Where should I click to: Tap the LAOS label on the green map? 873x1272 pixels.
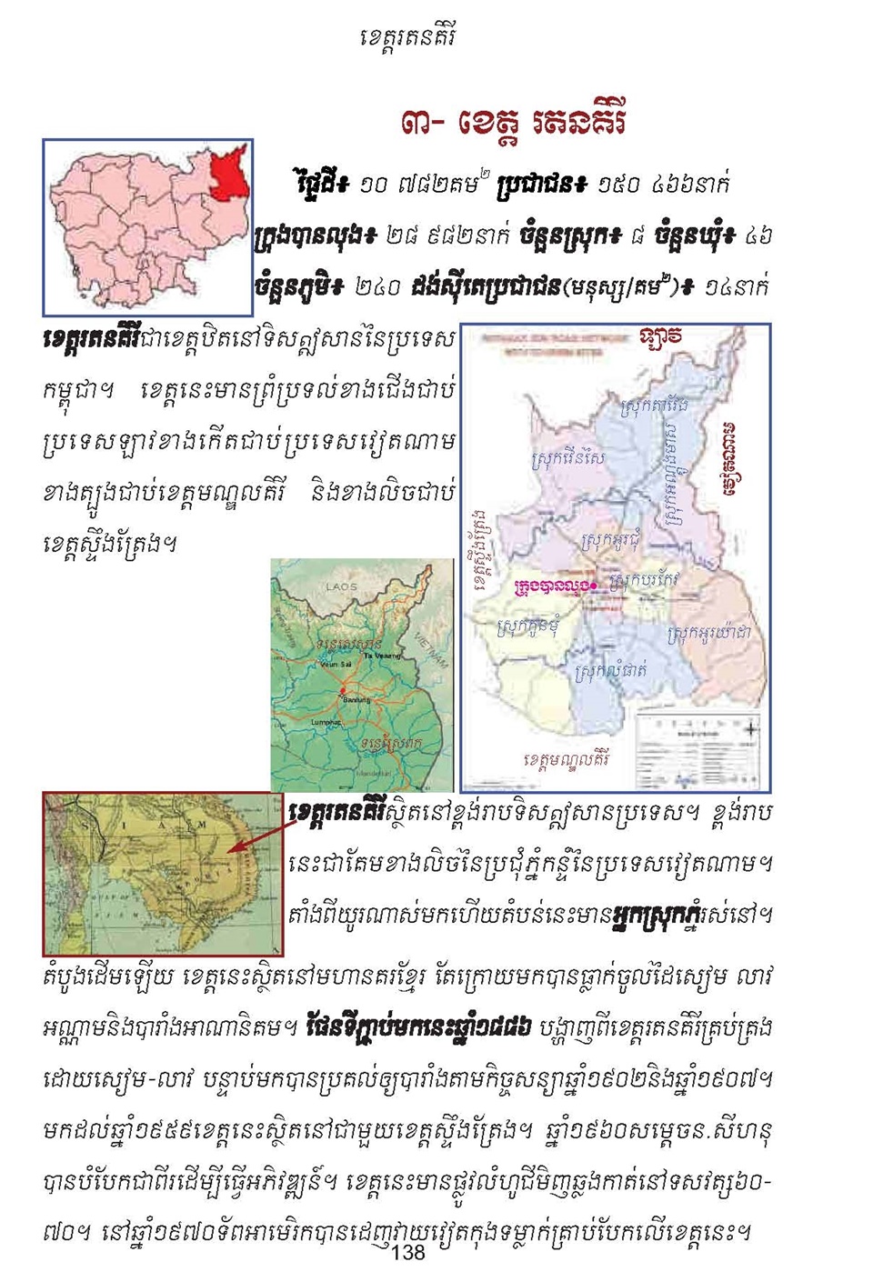pos(341,586)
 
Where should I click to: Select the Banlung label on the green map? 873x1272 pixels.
pos(356,700)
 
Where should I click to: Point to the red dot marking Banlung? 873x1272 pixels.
pos(343,694)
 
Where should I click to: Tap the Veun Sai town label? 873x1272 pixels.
pos(328,665)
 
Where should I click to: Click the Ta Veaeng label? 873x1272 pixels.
pos(380,655)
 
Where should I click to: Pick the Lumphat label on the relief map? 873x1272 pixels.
pos(326,722)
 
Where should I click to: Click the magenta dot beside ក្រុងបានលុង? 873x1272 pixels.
pos(594,586)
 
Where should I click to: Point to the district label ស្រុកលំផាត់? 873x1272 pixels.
pos(611,672)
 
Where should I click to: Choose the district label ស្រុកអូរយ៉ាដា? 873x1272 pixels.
pos(708,633)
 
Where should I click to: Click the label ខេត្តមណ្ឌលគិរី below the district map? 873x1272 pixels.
pos(566,758)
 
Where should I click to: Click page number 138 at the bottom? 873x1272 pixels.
pos(408,1252)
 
